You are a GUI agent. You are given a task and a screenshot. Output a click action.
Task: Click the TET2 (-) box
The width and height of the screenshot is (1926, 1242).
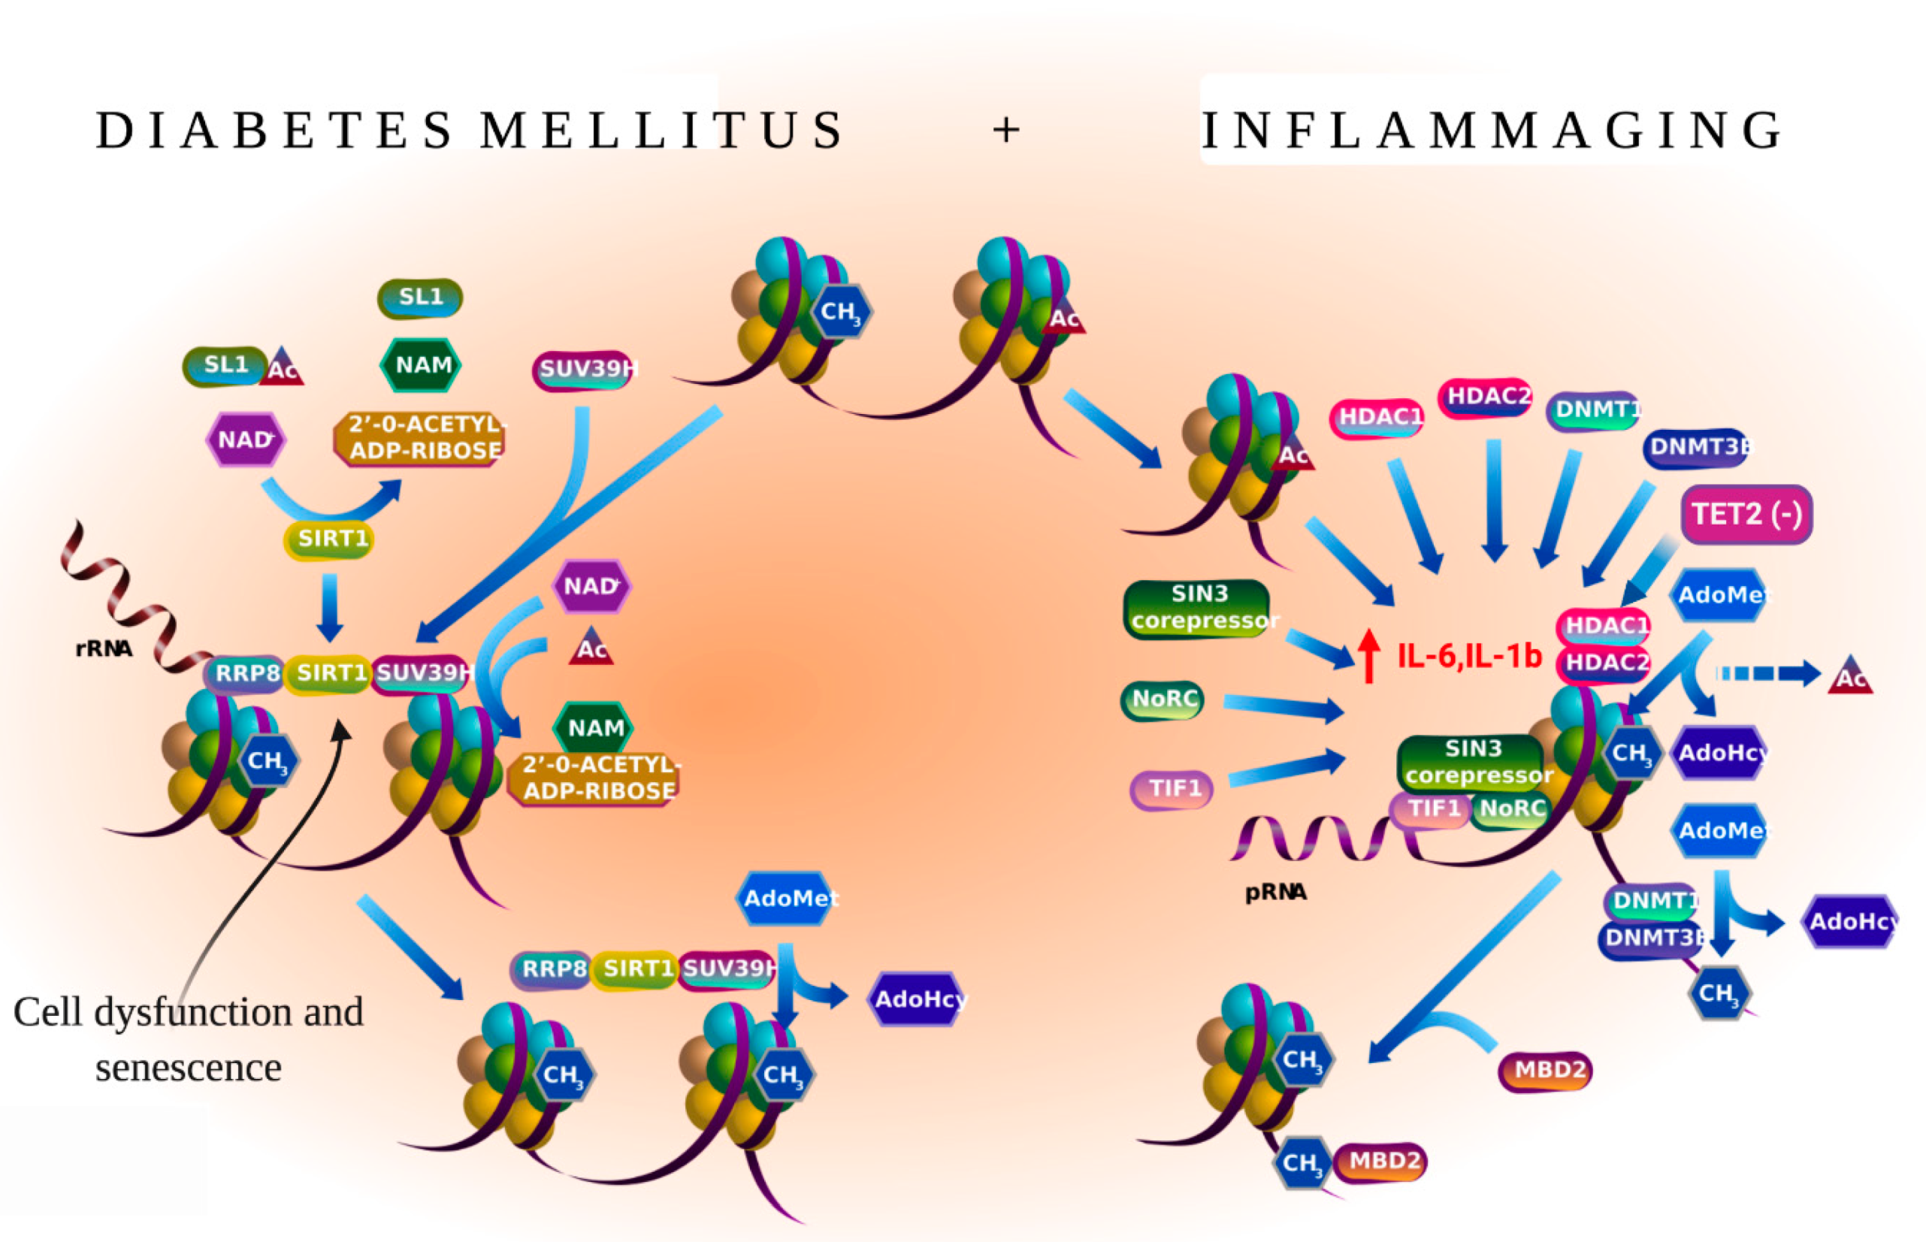tap(1746, 514)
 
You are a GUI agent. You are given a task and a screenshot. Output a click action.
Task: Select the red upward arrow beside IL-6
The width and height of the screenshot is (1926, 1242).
tap(1368, 655)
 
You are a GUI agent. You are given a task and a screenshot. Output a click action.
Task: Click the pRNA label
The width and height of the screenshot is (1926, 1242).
tap(1275, 892)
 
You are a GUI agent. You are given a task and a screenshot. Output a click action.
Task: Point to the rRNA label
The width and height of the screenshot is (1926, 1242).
tap(103, 648)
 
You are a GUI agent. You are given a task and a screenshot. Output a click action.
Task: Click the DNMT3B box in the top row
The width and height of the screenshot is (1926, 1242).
tap(1696, 447)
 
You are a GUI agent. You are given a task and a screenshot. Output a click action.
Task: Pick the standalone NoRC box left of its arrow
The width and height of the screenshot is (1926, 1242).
tap(1163, 699)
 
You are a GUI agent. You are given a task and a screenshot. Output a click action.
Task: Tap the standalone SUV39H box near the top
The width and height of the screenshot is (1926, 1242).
tap(584, 370)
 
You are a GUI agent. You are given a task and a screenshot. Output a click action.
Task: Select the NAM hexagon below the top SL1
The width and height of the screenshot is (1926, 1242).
tap(421, 365)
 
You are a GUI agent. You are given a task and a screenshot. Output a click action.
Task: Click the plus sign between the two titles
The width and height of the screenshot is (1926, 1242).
tap(1005, 130)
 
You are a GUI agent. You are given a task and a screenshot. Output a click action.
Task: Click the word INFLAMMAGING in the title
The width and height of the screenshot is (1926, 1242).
tap(1492, 130)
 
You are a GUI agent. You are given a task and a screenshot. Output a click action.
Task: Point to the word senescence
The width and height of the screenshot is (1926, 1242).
tap(188, 1068)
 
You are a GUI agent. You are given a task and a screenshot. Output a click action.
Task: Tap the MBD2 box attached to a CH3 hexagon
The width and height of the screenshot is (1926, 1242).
tap(1382, 1162)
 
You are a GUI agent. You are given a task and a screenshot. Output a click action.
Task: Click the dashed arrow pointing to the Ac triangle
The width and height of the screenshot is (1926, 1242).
tap(1766, 673)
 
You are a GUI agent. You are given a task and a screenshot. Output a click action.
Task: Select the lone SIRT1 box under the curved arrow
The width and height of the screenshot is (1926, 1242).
tap(331, 539)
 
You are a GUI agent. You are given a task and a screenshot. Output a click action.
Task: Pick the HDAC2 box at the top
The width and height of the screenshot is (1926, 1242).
tap(1486, 397)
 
